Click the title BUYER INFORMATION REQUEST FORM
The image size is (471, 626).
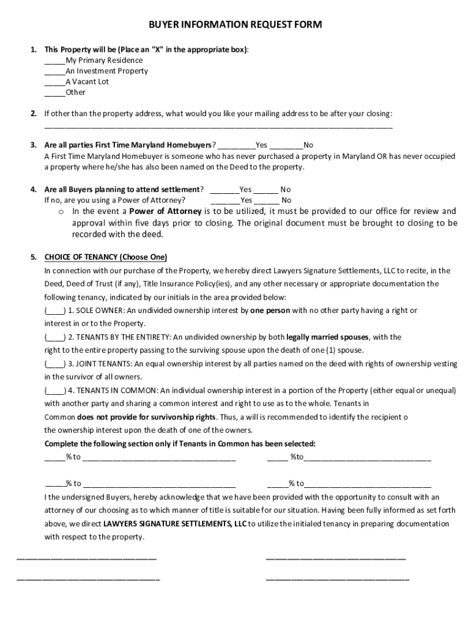[236, 25]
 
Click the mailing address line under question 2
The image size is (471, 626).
[218, 127]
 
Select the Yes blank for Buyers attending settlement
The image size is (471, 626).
[224, 190]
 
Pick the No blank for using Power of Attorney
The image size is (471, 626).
[267, 201]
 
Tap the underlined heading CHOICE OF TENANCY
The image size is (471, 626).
[106, 257]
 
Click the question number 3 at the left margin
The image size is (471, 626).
[33, 145]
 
